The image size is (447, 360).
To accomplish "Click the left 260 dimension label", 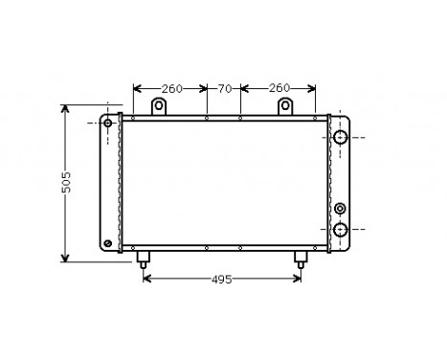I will tap(171, 89).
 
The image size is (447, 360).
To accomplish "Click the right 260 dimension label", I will tap(279, 89).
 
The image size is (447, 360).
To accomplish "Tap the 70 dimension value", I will tap(225, 89).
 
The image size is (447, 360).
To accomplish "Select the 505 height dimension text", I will tap(66, 184).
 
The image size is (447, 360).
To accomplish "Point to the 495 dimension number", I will tap(222, 279).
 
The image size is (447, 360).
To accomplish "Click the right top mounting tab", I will tap(284, 106).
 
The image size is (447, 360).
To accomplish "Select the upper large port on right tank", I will tap(340, 139).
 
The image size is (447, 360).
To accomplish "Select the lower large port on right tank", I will tap(340, 228).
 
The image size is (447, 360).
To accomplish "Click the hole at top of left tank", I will tap(108, 124).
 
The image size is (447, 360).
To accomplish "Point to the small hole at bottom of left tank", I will tap(107, 243).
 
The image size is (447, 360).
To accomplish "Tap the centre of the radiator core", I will tap(223, 183).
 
